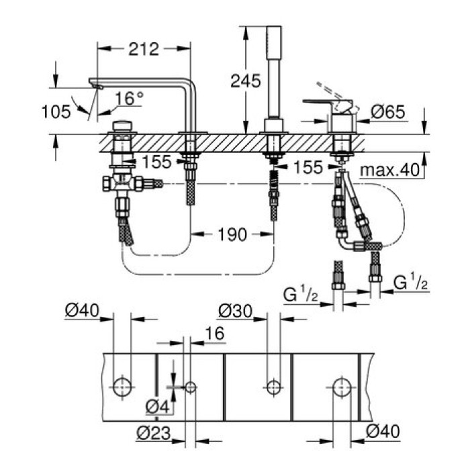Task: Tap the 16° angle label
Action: (x=129, y=99)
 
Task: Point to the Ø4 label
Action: (x=158, y=406)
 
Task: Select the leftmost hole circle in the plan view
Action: (x=122, y=387)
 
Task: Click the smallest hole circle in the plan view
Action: (x=190, y=387)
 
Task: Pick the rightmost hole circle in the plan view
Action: (x=340, y=387)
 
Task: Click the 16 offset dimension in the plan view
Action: (x=214, y=334)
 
